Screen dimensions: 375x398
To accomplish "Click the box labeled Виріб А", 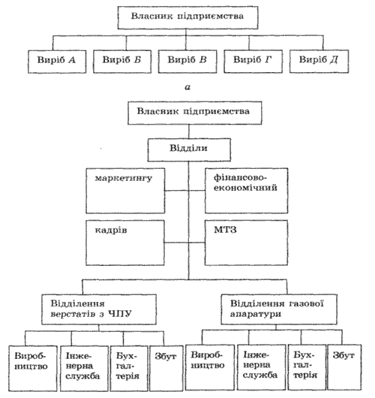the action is click(x=57, y=62).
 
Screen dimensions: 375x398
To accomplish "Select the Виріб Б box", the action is click(x=122, y=62).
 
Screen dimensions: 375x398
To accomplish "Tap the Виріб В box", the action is click(x=187, y=62).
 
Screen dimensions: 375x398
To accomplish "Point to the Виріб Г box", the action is click(x=253, y=62).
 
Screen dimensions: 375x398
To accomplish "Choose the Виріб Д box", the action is click(x=319, y=62).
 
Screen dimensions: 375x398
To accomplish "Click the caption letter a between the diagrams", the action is click(x=187, y=88).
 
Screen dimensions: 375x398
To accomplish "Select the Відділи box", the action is click(x=189, y=150).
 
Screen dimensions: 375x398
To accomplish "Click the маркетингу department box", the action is click(x=125, y=191).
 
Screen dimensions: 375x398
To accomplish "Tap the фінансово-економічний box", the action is click(x=247, y=191).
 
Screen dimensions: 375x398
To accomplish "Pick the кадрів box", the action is click(x=125, y=243).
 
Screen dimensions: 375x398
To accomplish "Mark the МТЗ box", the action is click(x=247, y=243).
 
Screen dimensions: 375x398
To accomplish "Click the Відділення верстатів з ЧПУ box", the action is click(x=99, y=309).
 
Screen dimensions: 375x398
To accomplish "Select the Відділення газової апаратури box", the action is click(x=279, y=309).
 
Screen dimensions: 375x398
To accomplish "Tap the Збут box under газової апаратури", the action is click(x=344, y=367).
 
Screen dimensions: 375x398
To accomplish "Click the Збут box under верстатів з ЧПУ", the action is click(x=166, y=368).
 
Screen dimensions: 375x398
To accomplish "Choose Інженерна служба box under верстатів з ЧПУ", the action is click(x=85, y=368).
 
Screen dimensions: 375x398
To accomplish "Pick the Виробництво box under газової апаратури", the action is click(x=210, y=367).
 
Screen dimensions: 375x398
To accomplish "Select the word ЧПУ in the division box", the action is click(x=120, y=314).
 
